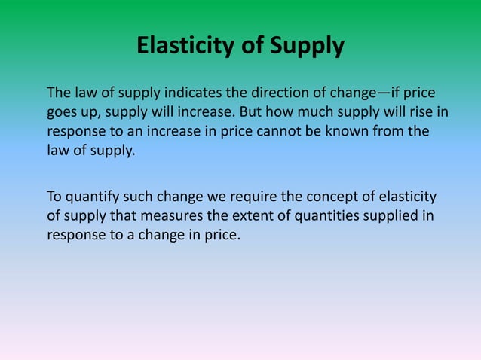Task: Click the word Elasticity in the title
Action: point(191,47)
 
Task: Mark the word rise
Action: point(420,113)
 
